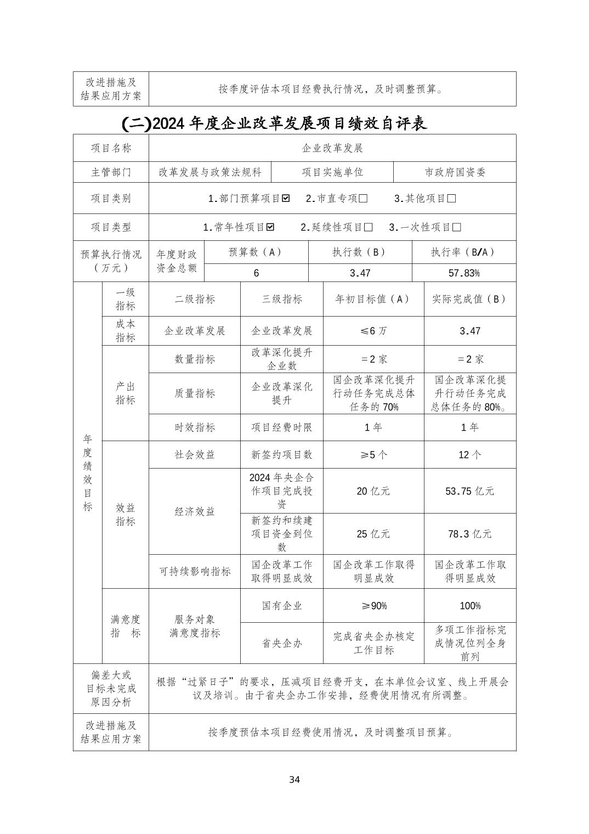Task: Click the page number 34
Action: point(294,780)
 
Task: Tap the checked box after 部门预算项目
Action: point(286,199)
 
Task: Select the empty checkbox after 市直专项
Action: point(363,199)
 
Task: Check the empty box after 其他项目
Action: point(451,199)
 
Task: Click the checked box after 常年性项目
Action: point(270,227)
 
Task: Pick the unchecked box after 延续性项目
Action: point(368,227)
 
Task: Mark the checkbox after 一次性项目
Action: point(456,227)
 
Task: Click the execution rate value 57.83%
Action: point(463,273)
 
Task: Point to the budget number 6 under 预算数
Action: point(256,273)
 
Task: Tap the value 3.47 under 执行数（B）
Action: point(360,273)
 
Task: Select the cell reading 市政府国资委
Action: point(455,172)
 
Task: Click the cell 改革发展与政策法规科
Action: point(210,172)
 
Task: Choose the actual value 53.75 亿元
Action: point(469,491)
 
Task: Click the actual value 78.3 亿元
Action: point(469,534)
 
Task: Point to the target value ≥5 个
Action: point(373,455)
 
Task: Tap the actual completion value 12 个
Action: point(469,455)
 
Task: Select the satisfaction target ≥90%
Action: point(373,606)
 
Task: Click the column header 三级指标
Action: point(282,299)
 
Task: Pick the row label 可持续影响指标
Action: point(195,572)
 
